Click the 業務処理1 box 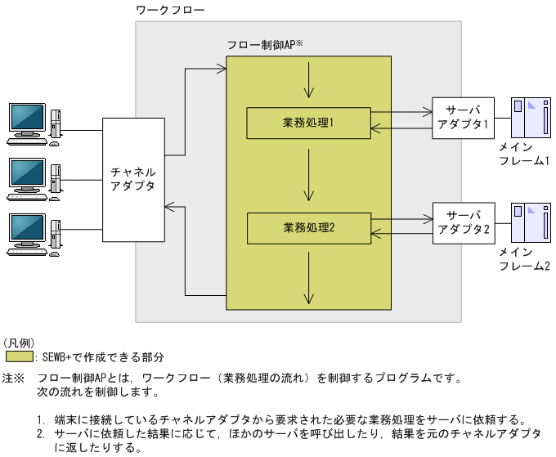(308, 123)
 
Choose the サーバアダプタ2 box (463, 222)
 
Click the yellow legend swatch (19, 357)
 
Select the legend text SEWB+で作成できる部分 (102, 357)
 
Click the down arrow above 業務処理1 (308, 80)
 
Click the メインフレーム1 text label (524, 154)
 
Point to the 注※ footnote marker (14, 379)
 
